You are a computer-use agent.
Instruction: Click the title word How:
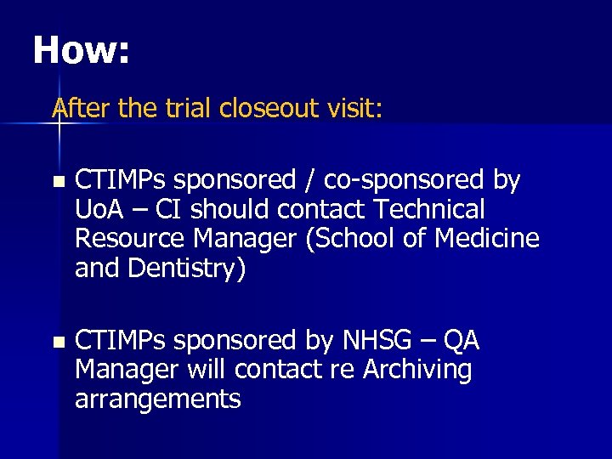(x=81, y=52)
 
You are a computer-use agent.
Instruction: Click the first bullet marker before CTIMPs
(x=57, y=182)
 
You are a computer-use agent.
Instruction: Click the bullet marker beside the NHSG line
(x=57, y=343)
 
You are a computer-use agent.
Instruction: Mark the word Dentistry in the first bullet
(x=187, y=269)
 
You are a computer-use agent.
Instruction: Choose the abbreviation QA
(x=461, y=341)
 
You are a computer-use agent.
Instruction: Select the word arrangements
(x=158, y=399)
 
